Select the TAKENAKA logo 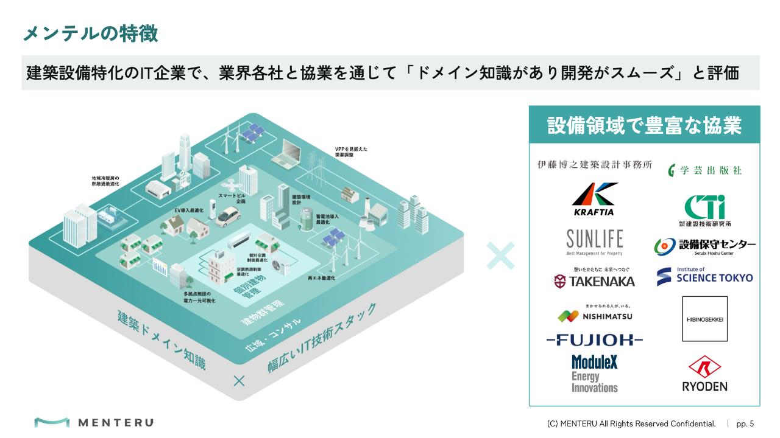(594, 278)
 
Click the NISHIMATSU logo (595, 315)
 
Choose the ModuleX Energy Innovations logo (595, 374)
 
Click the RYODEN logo (704, 374)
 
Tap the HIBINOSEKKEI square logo (704, 319)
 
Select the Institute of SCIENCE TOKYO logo (704, 276)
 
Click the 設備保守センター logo (704, 246)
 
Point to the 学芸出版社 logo (704, 170)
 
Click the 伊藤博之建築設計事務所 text (595, 164)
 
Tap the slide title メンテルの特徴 (90, 33)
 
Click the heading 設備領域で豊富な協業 (644, 125)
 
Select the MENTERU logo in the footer (94, 422)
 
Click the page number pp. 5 (745, 423)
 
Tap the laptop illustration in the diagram (289, 154)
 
